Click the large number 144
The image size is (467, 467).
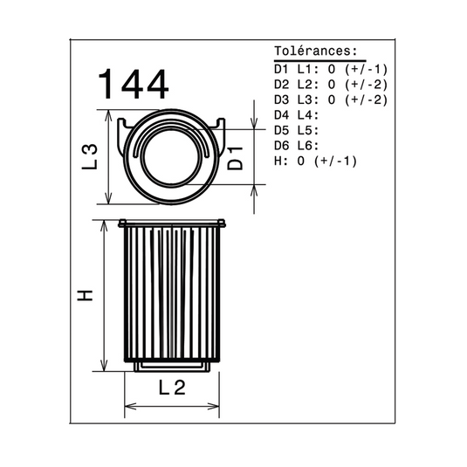pyautogui.click(x=134, y=85)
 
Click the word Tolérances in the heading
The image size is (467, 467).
pyautogui.click(x=312, y=52)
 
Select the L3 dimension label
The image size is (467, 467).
pyautogui.click(x=90, y=156)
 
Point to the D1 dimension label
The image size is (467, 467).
pyautogui.click(x=235, y=159)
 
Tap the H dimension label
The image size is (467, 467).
pyautogui.click(x=86, y=295)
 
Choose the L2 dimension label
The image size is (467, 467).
pyautogui.click(x=172, y=388)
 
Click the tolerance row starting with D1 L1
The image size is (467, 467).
pyautogui.click(x=331, y=69)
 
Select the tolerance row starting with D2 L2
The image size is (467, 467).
pyautogui.click(x=331, y=85)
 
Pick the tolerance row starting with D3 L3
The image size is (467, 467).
pyautogui.click(x=331, y=100)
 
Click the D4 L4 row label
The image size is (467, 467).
pyautogui.click(x=296, y=115)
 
